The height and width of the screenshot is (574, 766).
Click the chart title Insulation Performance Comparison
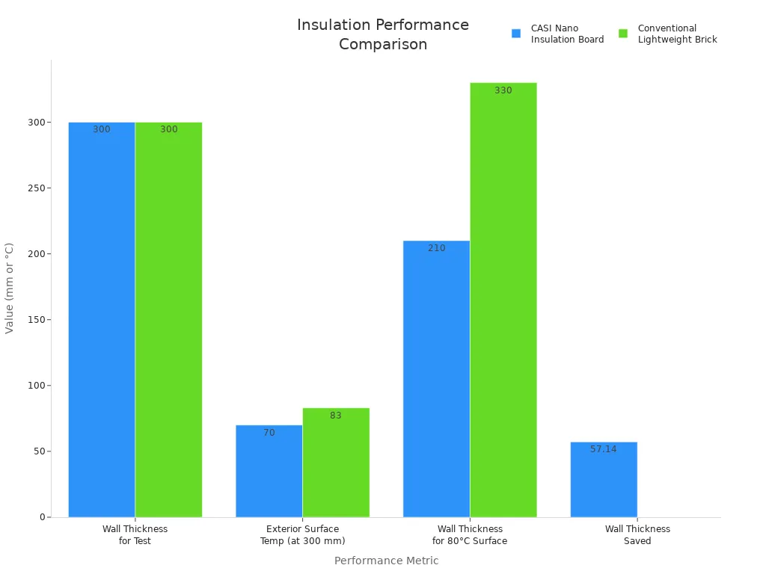click(383, 34)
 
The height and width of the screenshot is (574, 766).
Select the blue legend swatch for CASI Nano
click(516, 34)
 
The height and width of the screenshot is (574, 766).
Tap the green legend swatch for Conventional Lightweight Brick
click(623, 34)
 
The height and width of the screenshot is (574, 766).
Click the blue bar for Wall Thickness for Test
click(102, 321)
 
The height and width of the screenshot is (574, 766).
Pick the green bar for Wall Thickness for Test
click(169, 321)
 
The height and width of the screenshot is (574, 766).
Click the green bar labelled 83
click(336, 463)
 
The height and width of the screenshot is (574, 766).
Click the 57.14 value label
click(604, 449)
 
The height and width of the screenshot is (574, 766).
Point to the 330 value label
click(503, 90)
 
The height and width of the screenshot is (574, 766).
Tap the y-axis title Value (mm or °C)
click(10, 288)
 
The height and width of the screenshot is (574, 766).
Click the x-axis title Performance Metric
click(386, 561)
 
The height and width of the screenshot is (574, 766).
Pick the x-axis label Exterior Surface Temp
click(302, 534)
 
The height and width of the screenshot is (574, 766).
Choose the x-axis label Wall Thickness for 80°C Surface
click(470, 534)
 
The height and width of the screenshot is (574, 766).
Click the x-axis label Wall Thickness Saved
click(637, 534)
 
